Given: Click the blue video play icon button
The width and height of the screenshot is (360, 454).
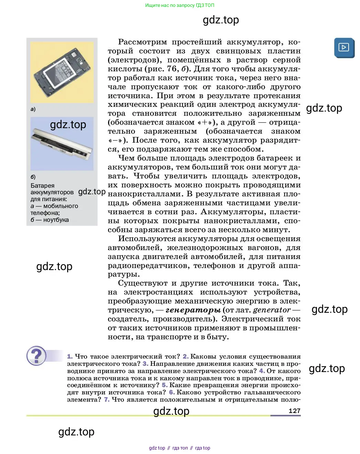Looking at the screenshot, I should click(x=344, y=48).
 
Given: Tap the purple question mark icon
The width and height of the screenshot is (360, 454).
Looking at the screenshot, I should click(x=36, y=355).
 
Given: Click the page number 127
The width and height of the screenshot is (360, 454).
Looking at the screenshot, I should click(x=294, y=411).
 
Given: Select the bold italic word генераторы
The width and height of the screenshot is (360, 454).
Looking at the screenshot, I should click(x=193, y=310).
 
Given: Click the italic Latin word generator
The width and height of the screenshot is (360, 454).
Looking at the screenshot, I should click(x=272, y=310).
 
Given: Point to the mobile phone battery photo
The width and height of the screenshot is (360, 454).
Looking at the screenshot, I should click(x=62, y=72).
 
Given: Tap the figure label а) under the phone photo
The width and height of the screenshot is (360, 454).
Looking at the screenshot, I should click(x=33, y=109).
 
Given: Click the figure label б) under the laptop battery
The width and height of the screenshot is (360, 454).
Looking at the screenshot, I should click(x=33, y=177).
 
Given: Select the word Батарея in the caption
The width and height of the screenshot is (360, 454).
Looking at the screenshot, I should click(x=42, y=186).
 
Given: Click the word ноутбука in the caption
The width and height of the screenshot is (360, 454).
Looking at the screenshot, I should click(x=56, y=220).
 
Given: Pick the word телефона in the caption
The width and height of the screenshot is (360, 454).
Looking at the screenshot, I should click(x=44, y=213).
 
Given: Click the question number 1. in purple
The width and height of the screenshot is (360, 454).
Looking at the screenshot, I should click(x=70, y=357).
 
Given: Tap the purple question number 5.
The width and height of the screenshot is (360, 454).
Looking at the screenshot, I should click(x=165, y=385).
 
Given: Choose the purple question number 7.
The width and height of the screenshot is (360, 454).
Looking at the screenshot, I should click(x=107, y=400).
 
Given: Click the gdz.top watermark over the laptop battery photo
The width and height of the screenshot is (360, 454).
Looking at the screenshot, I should click(x=68, y=124).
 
